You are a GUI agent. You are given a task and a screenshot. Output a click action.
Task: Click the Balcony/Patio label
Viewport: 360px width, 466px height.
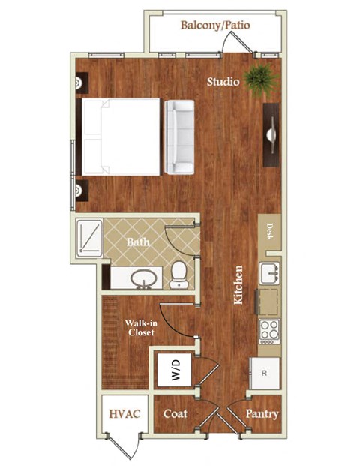(214, 26)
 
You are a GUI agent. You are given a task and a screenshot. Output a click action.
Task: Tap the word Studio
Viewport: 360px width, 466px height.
(223, 81)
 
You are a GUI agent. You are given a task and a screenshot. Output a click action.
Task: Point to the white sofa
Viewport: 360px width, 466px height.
(180, 135)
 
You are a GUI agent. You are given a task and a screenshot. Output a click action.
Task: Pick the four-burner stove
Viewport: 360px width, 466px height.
(269, 331)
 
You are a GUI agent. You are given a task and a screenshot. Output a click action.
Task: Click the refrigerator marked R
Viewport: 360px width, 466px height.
(264, 372)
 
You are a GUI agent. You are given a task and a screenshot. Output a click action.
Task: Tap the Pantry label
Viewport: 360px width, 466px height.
(262, 413)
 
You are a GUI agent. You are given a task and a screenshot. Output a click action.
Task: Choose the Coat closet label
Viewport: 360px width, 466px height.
(175, 413)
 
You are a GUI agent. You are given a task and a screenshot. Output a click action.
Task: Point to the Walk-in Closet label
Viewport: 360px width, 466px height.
(140, 327)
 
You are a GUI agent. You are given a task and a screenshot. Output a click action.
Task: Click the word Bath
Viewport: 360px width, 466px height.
(138, 242)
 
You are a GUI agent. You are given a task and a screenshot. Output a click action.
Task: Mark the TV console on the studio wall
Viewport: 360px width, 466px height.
(271, 135)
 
